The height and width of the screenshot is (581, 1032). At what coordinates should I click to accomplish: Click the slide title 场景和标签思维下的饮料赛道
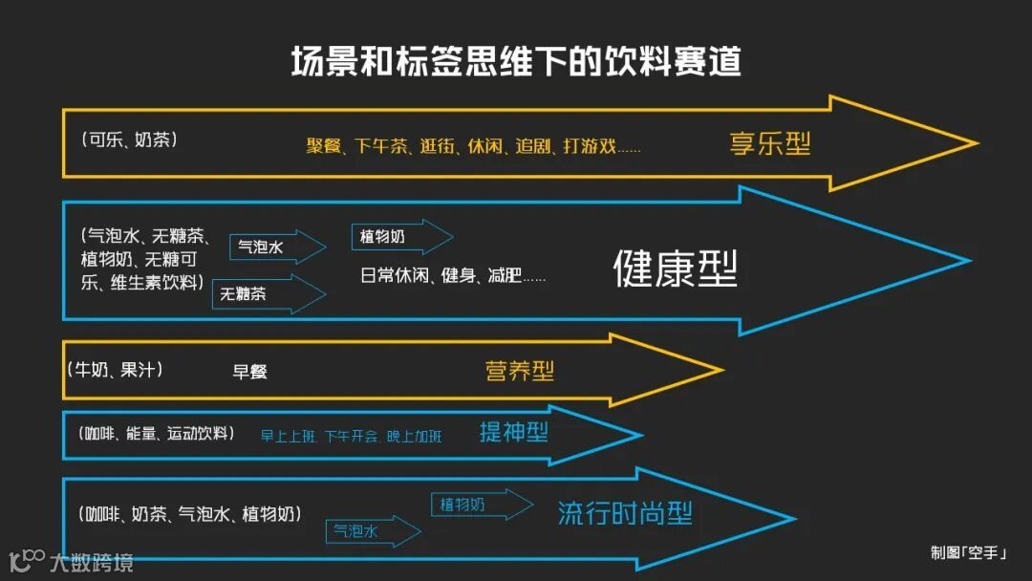pos(516,62)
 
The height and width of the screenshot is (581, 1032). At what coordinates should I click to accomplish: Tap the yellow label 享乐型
pos(769,144)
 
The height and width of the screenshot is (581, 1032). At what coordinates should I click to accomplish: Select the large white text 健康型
pos(675,269)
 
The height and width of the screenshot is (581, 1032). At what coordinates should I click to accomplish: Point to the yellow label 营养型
pos(520,371)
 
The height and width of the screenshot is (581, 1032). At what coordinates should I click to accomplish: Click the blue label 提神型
pos(514,433)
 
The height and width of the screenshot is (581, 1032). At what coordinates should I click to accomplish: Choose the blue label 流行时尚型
pos(625,514)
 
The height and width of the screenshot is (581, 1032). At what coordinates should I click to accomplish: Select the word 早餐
pos(250,372)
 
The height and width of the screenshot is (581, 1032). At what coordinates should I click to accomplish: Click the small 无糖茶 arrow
pos(268,294)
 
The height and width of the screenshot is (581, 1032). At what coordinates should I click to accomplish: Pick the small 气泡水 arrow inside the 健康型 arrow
pos(276,247)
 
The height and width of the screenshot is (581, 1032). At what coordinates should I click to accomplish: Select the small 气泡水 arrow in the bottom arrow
pos(373,532)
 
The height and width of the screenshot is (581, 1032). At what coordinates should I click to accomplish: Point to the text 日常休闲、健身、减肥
pos(453,276)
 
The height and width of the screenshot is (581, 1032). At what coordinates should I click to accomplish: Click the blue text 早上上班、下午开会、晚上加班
pos(351,437)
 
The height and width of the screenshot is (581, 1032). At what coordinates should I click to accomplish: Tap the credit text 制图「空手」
pos(968,552)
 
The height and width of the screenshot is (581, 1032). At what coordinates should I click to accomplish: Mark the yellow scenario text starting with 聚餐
pos(473,147)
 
